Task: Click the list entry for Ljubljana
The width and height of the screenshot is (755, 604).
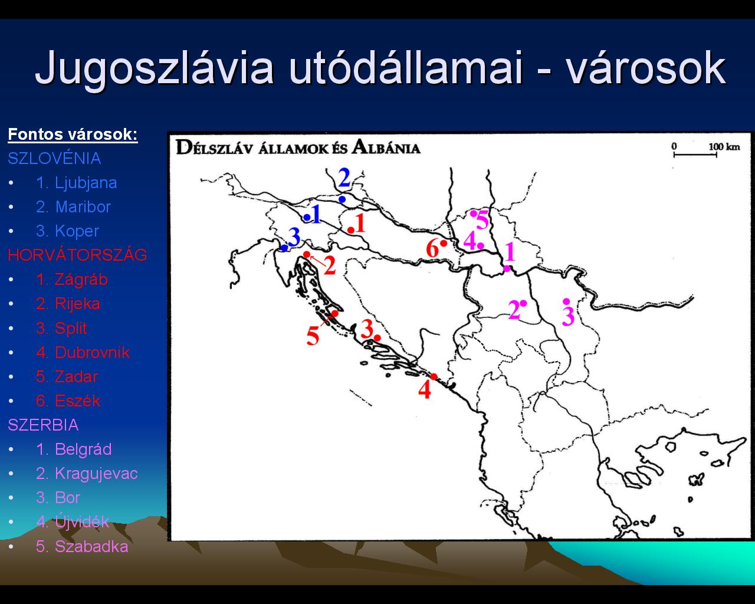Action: [77, 183]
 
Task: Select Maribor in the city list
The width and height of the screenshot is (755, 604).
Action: [73, 206]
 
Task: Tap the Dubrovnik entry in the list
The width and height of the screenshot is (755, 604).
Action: [83, 352]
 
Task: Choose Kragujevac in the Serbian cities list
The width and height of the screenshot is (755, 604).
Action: [87, 474]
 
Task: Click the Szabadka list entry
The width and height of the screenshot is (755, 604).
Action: [82, 546]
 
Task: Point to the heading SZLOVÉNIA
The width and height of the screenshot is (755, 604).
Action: [54, 158]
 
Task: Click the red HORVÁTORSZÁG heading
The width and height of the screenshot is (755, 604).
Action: [77, 255]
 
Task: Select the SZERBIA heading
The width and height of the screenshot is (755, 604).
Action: [43, 425]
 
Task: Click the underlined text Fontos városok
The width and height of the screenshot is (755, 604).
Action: [73, 134]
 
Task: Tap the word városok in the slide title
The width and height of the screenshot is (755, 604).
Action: [646, 68]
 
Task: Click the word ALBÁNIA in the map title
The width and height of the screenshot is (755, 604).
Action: [386, 147]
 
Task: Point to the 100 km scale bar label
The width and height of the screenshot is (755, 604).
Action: [724, 147]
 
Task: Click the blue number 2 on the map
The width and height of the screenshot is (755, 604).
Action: [344, 178]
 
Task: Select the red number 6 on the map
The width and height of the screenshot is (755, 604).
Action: [432, 248]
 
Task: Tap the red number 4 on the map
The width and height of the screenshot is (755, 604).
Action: [425, 389]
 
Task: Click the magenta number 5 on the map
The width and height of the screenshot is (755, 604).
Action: [482, 220]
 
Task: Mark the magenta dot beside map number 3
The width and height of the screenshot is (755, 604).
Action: [566, 301]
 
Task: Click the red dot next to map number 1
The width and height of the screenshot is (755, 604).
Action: [351, 230]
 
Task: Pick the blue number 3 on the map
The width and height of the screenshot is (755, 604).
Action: [294, 237]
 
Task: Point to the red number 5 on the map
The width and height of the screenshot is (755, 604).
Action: [313, 336]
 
